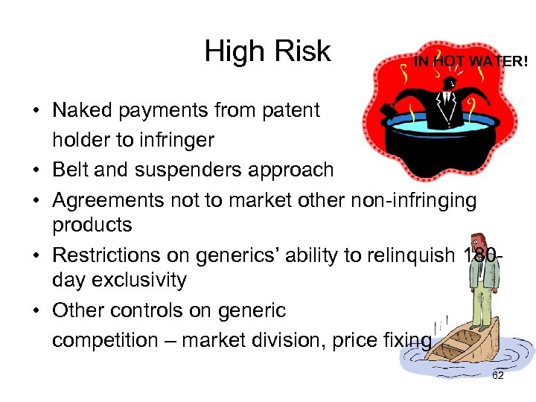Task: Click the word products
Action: (92, 225)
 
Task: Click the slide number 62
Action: (498, 375)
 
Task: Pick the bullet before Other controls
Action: (36, 310)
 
